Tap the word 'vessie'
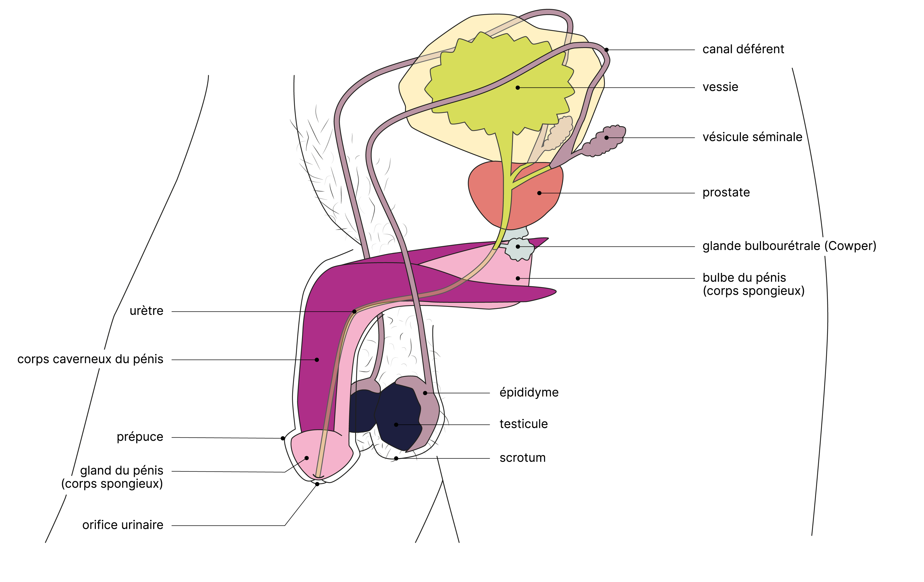[x=720, y=87]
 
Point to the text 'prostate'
[x=726, y=192]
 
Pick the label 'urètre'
[x=146, y=311]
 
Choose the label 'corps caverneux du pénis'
[x=90, y=359]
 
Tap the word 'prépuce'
[x=140, y=437]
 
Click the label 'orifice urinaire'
[x=123, y=525]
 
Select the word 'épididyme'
[x=529, y=392]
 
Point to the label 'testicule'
[x=523, y=424]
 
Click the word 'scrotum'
[x=522, y=458]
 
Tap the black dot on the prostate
[x=539, y=193]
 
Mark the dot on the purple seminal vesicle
[x=607, y=138]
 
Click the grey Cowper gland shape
[x=519, y=249]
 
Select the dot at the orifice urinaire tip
[x=317, y=484]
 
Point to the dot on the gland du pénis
[x=307, y=458]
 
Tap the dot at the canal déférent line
[x=606, y=50]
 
